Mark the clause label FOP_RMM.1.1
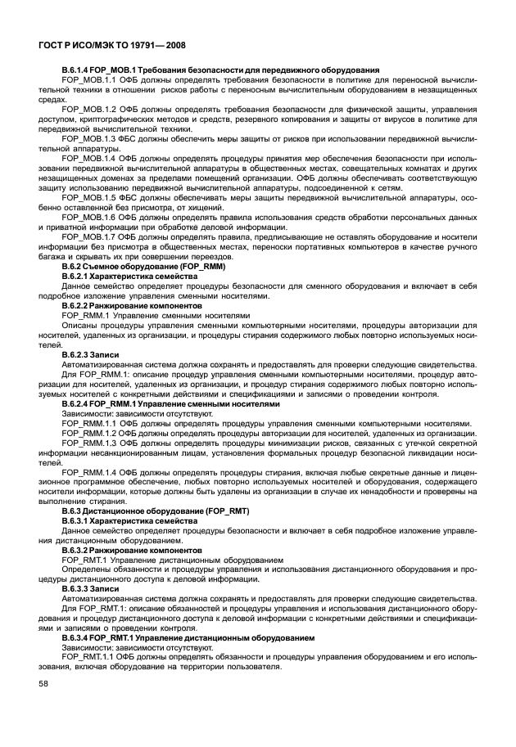[91, 424]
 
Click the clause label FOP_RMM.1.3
[91, 443]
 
